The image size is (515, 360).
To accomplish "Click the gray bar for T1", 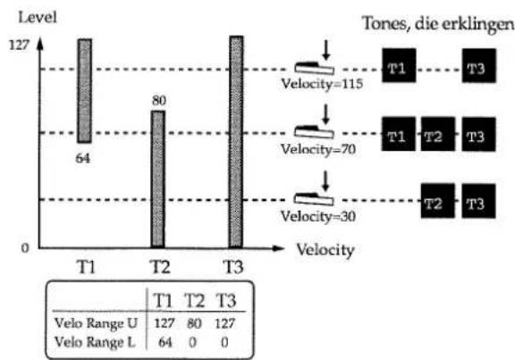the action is pyautogui.click(x=85, y=91).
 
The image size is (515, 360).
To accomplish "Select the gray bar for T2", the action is pyautogui.click(x=158, y=180).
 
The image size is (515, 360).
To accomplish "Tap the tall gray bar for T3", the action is pyautogui.click(x=236, y=142).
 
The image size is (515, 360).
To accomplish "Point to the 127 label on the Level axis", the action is pyautogui.click(x=20, y=45).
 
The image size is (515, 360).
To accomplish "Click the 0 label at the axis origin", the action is pyautogui.click(x=25, y=247).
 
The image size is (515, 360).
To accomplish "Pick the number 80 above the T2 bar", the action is pyautogui.click(x=159, y=100).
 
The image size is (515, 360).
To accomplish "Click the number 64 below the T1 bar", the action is pyautogui.click(x=83, y=158).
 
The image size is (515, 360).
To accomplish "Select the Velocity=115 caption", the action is pyautogui.click(x=322, y=84).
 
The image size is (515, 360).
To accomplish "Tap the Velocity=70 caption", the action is pyautogui.click(x=318, y=150).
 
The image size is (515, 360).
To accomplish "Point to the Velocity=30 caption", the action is pyautogui.click(x=318, y=216).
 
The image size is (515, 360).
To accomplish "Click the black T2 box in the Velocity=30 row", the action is pyautogui.click(x=438, y=201).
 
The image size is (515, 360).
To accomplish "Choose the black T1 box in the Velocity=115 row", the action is pyautogui.click(x=399, y=65).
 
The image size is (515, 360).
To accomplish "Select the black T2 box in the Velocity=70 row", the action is pyautogui.click(x=438, y=134).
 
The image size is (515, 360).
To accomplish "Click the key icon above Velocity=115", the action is pyautogui.click(x=315, y=68).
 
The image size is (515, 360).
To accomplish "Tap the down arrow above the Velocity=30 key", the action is pyautogui.click(x=325, y=180).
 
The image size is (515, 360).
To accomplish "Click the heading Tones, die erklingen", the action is pyautogui.click(x=438, y=23).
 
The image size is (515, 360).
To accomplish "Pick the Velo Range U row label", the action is pyautogui.click(x=96, y=323).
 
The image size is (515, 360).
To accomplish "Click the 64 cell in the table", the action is pyautogui.click(x=165, y=343).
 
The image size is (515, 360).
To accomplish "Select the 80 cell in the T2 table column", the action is pyautogui.click(x=194, y=324).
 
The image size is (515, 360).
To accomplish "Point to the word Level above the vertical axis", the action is pyautogui.click(x=38, y=17).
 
